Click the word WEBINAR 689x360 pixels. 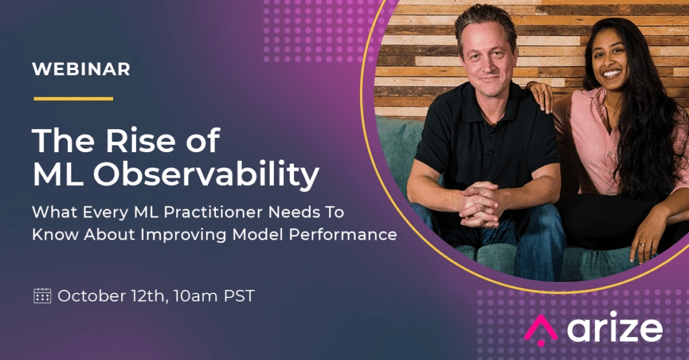[81, 69]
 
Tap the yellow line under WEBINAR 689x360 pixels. [73, 98]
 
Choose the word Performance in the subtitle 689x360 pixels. [342, 234]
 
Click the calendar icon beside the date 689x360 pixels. [42, 296]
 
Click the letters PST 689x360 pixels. [239, 296]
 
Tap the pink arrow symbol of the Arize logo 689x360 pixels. [540, 329]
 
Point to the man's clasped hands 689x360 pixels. [480, 204]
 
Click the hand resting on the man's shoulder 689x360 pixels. [540, 95]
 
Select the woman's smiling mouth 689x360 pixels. [612, 73]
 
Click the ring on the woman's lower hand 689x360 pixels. [643, 244]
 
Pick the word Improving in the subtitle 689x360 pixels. [184, 235]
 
